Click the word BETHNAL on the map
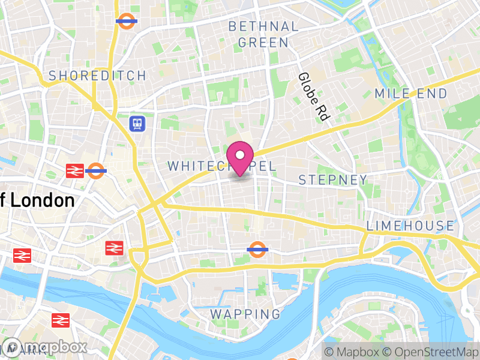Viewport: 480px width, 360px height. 263,26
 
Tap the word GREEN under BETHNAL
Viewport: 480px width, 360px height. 263,43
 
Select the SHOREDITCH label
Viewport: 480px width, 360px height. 97,76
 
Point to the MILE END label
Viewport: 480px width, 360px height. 411,94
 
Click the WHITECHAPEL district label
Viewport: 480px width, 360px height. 222,166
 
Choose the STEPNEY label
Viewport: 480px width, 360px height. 333,180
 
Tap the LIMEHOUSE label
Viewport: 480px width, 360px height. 410,226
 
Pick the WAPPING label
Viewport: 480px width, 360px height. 245,314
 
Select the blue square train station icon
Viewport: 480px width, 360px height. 138,124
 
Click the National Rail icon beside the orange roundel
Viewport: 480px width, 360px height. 75,171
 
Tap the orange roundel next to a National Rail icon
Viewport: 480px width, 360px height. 96,171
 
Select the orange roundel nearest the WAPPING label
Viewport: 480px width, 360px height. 257,248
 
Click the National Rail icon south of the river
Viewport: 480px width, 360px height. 61,320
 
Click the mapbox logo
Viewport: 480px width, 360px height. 45,347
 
